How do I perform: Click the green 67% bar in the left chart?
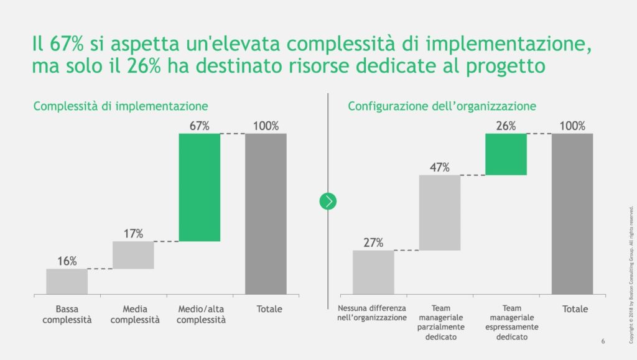[x=199, y=187]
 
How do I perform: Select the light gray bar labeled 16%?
[x=67, y=281]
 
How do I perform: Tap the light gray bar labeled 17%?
[x=133, y=255]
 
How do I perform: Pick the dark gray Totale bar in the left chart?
[x=266, y=213]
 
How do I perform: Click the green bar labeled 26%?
[x=506, y=154]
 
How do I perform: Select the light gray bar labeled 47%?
[x=440, y=213]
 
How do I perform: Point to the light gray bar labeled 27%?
[x=373, y=272]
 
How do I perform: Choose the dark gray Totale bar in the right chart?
[x=572, y=213]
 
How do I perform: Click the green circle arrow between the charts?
[x=328, y=201]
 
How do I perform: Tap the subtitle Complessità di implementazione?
[x=121, y=106]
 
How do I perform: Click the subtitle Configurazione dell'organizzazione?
[x=442, y=106]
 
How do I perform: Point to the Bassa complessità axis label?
[x=67, y=315]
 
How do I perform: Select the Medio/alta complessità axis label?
[x=199, y=315]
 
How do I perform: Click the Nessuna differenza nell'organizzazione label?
[x=372, y=313]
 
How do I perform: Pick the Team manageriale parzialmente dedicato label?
[x=440, y=322]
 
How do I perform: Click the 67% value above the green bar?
[x=199, y=126]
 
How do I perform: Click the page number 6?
[x=603, y=341]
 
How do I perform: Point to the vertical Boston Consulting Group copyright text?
[x=631, y=261]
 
